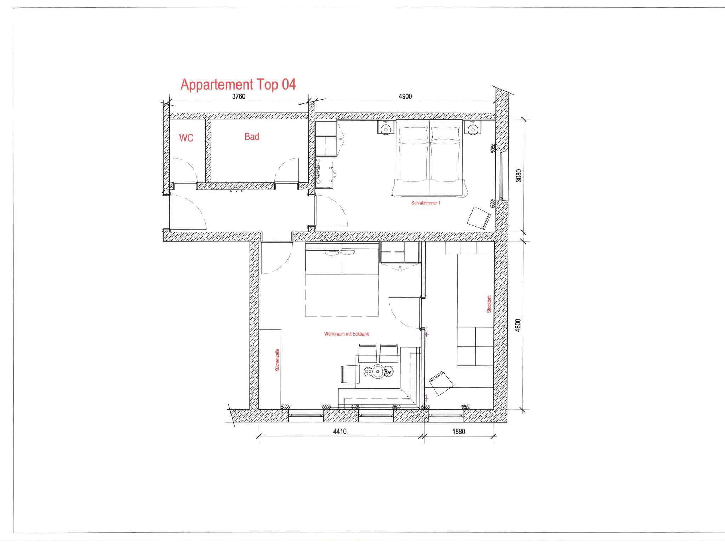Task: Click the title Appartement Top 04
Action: pos(238,85)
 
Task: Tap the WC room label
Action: pos(186,138)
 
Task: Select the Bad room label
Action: pos(252,136)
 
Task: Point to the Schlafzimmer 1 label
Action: pos(426,203)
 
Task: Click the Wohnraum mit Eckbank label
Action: pos(346,334)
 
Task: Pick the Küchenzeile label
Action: pos(277,360)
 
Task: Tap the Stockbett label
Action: pos(489,304)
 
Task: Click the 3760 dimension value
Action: pos(239,96)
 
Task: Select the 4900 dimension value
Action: pos(405,96)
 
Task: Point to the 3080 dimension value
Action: pos(519,176)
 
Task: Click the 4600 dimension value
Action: pos(518,325)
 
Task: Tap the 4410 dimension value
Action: pos(339,432)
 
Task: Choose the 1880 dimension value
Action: pos(458,432)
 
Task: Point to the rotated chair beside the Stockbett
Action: pos(441,383)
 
